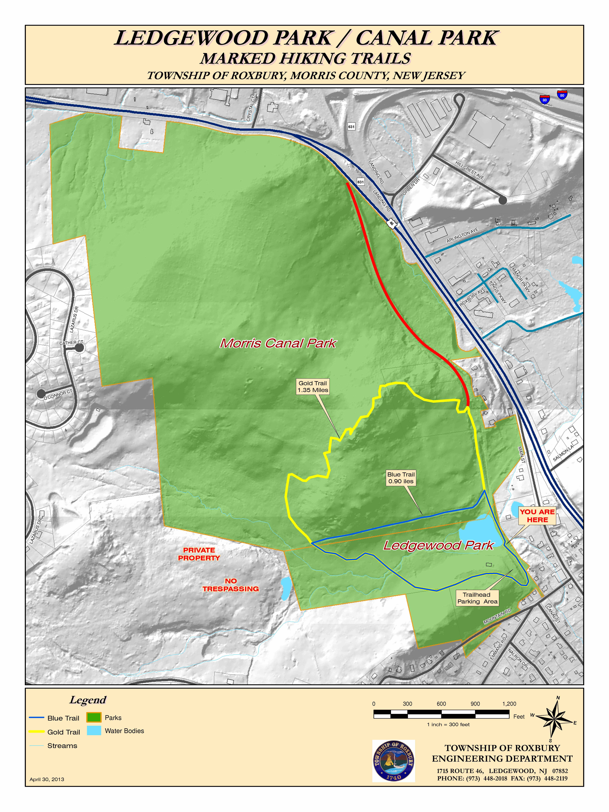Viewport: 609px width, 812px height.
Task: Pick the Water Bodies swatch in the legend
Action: point(94,730)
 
